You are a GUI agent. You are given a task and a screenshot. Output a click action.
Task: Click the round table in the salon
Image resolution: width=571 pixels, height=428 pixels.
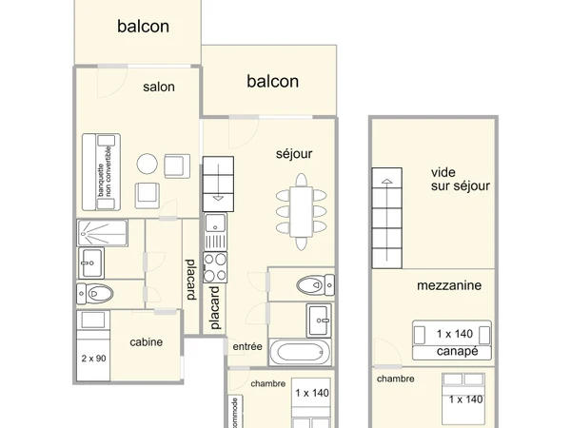click(x=148, y=164)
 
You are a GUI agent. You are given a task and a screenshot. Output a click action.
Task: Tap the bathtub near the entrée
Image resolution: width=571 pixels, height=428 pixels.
click(x=302, y=353)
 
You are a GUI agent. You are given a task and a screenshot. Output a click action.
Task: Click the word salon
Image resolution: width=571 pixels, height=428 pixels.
click(x=159, y=87)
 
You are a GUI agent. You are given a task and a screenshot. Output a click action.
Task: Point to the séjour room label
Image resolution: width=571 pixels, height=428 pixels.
click(x=294, y=153)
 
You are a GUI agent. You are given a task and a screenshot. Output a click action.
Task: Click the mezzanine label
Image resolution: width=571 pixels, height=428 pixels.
click(x=448, y=284)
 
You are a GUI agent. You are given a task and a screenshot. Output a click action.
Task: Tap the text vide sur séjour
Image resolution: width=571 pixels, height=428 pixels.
click(x=460, y=179)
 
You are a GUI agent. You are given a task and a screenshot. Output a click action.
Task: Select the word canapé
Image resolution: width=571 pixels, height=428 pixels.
click(x=451, y=352)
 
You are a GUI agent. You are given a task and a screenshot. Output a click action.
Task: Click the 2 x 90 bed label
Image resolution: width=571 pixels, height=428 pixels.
click(x=93, y=359)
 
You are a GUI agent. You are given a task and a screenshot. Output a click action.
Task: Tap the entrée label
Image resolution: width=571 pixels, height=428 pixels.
click(x=247, y=347)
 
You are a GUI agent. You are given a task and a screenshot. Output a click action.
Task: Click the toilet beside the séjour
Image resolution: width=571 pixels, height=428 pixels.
click(x=311, y=283)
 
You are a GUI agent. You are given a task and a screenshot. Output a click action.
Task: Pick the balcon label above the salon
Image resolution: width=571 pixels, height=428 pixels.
click(x=143, y=27)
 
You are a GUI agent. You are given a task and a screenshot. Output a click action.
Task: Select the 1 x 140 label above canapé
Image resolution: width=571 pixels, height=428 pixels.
click(x=455, y=334)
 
